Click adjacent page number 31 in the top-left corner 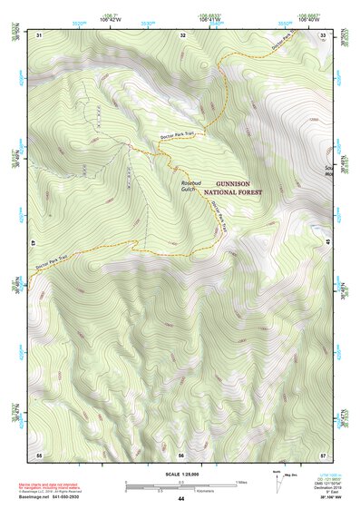tap(40, 34)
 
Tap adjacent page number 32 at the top tap(182, 34)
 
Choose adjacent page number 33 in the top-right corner tap(324, 34)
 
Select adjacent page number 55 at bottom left tap(39, 454)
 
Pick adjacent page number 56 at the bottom tap(181, 454)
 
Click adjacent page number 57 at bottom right tap(324, 454)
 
